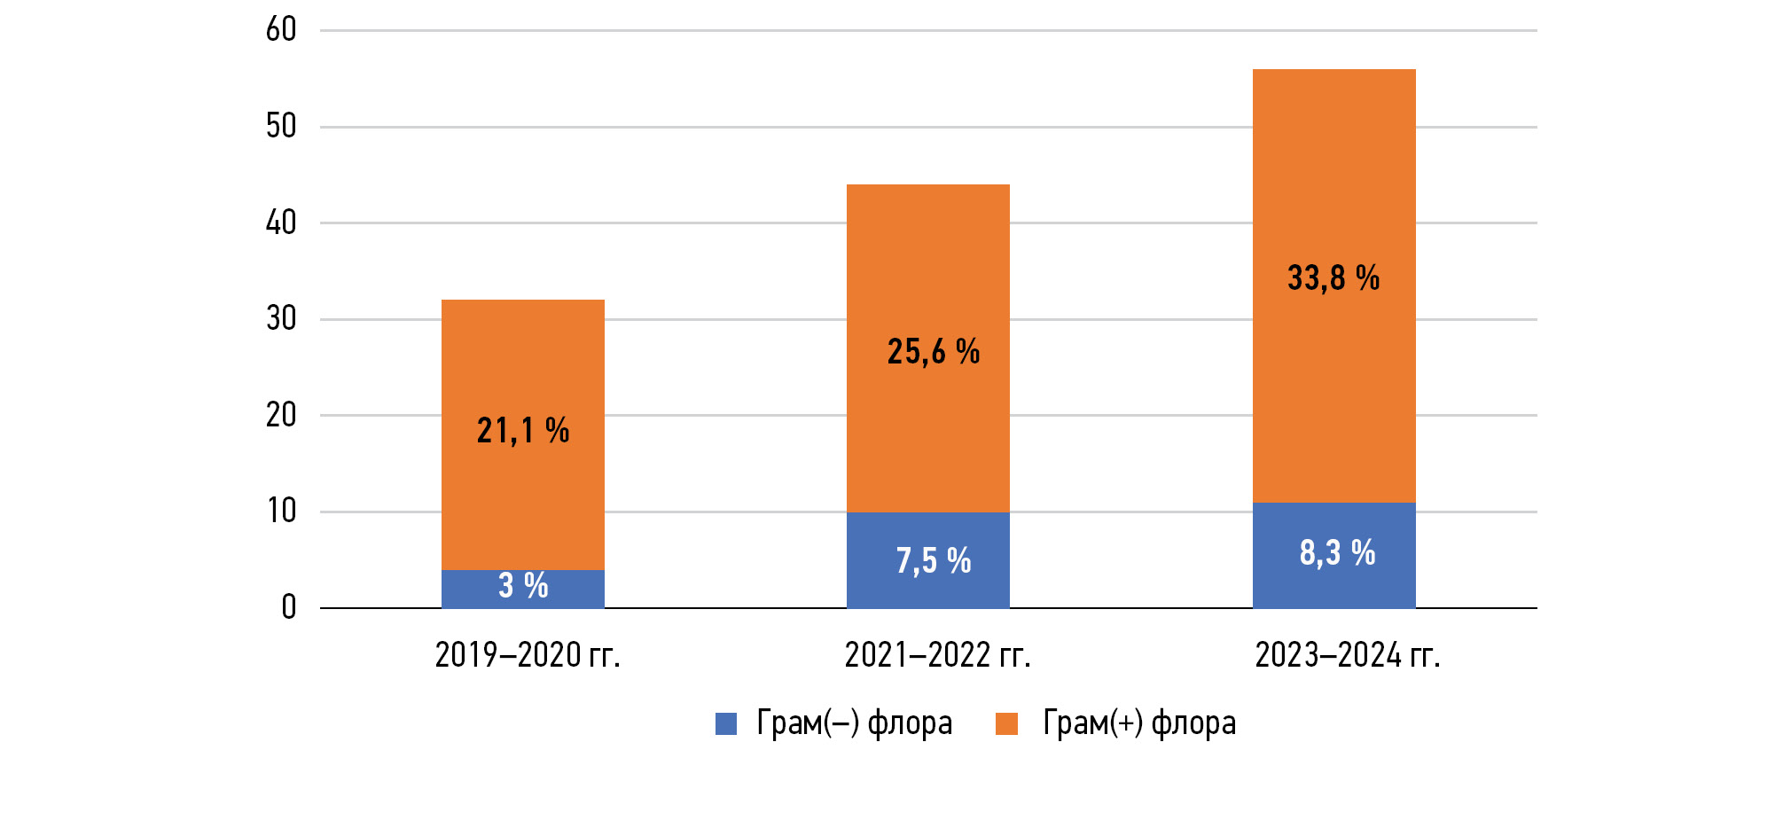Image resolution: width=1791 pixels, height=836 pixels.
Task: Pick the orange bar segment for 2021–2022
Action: tap(928, 266)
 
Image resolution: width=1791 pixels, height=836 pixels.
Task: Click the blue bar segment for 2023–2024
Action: tap(1334, 581)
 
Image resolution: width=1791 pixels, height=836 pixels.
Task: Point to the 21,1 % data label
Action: tap(523, 431)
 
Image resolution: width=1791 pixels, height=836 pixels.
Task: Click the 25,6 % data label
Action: tap(934, 352)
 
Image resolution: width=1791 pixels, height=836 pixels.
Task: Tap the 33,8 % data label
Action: tap(1333, 278)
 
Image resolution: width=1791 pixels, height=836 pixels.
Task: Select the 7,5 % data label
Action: tap(934, 561)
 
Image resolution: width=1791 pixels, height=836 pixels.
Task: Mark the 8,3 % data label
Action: tap(1337, 553)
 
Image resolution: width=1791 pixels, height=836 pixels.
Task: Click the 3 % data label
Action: tap(523, 586)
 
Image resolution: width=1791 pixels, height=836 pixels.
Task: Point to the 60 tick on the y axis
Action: tap(281, 30)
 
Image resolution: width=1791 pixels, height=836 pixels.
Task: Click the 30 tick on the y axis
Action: tap(281, 319)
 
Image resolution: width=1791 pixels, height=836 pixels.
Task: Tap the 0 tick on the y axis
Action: tap(289, 608)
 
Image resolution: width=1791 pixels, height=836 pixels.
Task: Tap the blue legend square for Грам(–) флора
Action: tap(726, 724)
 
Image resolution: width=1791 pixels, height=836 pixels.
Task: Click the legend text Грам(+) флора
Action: tap(1139, 723)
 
